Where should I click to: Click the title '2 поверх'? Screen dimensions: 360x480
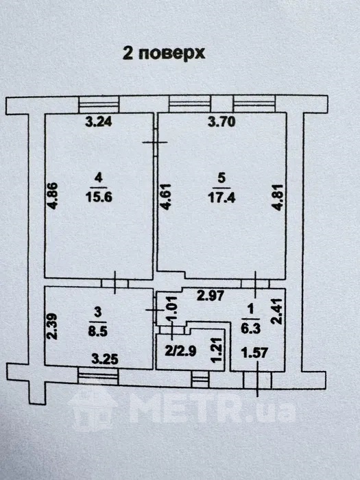163,53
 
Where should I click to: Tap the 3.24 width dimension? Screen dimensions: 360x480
99,121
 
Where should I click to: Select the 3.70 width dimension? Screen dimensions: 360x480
221,121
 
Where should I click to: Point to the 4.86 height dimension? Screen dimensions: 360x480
52,195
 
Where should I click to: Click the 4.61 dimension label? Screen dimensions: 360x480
165,197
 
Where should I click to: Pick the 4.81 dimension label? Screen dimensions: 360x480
278,197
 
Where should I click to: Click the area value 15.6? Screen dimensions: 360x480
99,197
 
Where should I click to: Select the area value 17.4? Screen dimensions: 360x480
221,197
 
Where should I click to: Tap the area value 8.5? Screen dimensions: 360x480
97,331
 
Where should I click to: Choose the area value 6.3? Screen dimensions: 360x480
250,328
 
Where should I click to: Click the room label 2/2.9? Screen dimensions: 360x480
180,351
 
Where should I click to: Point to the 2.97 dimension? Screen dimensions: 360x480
211,296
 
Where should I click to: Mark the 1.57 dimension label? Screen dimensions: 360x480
254,352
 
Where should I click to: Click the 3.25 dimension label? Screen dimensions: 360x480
105,359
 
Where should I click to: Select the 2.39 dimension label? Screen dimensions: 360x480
52,326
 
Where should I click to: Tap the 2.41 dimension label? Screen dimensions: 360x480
277,311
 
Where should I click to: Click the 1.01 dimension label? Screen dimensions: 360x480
172,309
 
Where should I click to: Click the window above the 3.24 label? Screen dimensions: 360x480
99,105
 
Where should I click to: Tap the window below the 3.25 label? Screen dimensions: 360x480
98,376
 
